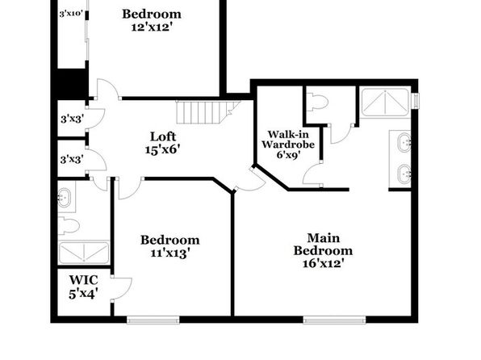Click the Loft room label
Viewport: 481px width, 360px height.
(x=163, y=136)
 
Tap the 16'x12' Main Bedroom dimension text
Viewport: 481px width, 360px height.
(x=323, y=264)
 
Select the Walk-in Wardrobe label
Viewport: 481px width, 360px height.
(x=288, y=140)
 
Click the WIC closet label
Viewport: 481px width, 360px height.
(x=83, y=280)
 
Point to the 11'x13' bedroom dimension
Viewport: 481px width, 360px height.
(x=169, y=253)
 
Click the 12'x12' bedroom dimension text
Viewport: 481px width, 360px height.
(x=151, y=27)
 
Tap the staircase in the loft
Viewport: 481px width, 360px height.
(x=208, y=112)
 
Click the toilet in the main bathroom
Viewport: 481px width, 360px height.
(x=318, y=103)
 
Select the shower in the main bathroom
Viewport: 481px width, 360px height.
(x=385, y=103)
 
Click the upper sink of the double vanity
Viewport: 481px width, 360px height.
(x=404, y=142)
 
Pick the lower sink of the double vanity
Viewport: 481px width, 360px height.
(x=404, y=174)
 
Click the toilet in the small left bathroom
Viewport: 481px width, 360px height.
(x=69, y=225)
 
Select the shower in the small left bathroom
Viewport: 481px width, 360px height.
(x=84, y=253)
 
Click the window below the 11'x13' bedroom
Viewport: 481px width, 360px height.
(x=153, y=320)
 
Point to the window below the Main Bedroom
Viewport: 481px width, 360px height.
(x=335, y=320)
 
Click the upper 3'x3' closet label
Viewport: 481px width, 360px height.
(x=72, y=119)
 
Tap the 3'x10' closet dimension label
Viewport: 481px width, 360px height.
(x=71, y=14)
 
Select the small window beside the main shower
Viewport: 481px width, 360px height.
(x=416, y=100)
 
